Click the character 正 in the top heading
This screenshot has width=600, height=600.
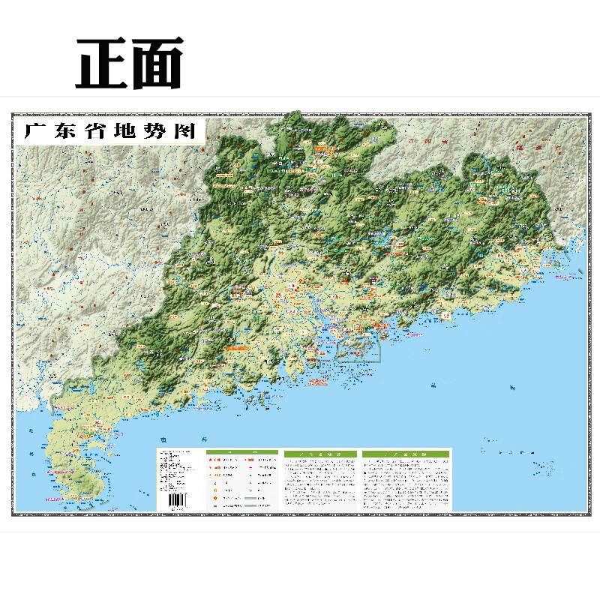coord(102,63)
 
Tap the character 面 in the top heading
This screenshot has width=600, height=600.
coord(156,63)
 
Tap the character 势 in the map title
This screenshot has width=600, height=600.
coord(149,131)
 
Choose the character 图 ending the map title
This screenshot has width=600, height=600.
coord(178,131)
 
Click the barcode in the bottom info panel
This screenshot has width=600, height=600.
coord(177,500)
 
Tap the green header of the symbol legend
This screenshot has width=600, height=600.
coord(241,454)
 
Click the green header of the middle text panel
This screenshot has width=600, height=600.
coord(319,454)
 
